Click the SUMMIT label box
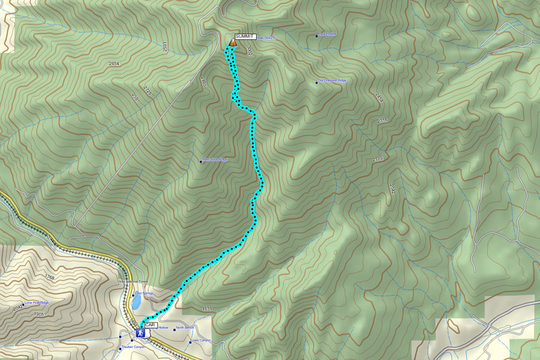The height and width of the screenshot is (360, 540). click(x=245, y=37)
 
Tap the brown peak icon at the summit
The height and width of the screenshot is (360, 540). click(x=232, y=43)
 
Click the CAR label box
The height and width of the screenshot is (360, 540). click(x=151, y=325)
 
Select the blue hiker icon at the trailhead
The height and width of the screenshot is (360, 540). click(x=140, y=332)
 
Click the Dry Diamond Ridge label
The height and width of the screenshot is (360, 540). click(x=332, y=80)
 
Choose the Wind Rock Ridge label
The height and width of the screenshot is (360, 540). click(x=215, y=160)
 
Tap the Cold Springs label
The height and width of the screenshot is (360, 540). click(x=144, y=293)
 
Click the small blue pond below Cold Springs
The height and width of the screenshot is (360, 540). click(x=137, y=304)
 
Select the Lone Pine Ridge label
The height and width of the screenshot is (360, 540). click(x=36, y=303)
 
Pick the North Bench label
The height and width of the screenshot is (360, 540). click(x=185, y=328)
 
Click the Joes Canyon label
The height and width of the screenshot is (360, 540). click(x=201, y=341)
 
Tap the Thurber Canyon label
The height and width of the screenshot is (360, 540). click(x=133, y=347)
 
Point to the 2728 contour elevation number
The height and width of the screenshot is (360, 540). click(x=148, y=91)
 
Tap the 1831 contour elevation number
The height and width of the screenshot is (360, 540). click(x=207, y=309)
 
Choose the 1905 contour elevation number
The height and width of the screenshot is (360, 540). click(x=39, y=314)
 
